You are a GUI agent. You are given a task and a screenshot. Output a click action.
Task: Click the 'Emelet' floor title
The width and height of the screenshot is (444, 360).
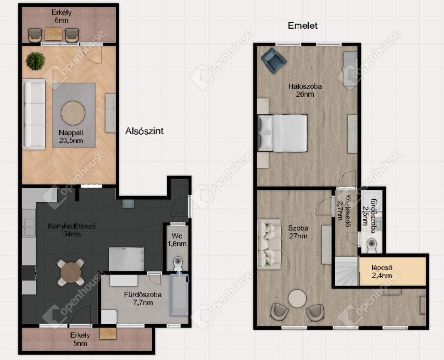tap(303, 25)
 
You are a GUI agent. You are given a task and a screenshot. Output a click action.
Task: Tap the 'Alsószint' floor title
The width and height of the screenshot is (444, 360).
tap(144, 131)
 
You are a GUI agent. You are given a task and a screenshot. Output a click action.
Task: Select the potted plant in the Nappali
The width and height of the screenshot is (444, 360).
tap(35, 61)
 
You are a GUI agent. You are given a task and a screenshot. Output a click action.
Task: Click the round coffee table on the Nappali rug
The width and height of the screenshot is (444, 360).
tap(73, 113)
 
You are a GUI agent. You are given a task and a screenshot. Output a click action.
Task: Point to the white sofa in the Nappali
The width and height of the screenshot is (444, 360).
tap(34, 115)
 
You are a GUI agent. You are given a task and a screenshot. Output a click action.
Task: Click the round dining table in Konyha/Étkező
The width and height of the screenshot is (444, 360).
tap(71, 273)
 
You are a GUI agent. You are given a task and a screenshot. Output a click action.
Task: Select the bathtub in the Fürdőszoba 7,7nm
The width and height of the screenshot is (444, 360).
tap(179, 295)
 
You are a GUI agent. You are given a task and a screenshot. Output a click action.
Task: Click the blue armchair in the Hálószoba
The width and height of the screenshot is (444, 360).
tap(273, 61)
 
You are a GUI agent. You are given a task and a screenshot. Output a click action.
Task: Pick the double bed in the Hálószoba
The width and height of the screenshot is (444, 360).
tap(283, 133)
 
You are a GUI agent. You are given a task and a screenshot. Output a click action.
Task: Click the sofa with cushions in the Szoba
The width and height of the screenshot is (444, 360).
tap(269, 244)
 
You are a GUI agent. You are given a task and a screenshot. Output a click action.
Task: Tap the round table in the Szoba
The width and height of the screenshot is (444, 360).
tap(298, 299)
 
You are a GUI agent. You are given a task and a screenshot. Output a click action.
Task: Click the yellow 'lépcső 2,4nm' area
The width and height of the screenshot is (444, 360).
tap(393, 272)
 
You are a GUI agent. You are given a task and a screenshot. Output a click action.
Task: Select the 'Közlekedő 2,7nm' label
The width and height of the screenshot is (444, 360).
tap(343, 211)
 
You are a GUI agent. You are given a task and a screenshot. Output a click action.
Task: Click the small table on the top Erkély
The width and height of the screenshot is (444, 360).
tap(54, 34)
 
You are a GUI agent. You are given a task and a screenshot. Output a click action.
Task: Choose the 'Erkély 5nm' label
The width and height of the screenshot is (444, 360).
tap(80, 339)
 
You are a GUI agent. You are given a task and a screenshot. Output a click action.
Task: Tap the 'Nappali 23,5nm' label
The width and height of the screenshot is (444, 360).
tap(71, 137)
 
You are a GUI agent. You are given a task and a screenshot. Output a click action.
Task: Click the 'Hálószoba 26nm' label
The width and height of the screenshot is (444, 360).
tap(305, 90)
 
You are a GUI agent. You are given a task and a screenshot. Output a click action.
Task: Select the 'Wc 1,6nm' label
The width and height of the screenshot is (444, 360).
tap(177, 240)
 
